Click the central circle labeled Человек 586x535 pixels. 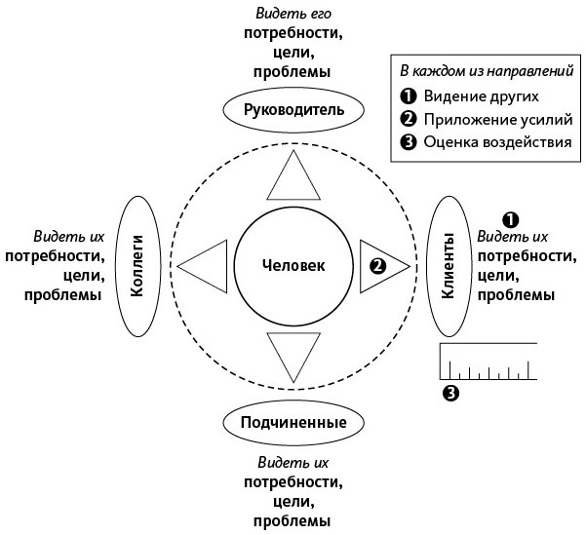[293, 265]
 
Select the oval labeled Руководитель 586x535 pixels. [293, 110]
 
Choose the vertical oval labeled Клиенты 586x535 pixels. [449, 265]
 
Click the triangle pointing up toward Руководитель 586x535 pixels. [293, 179]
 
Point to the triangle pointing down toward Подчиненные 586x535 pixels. [293, 353]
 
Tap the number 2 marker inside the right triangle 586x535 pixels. [376, 265]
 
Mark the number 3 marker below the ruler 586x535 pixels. [449, 394]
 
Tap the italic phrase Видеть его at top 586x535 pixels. [293, 13]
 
